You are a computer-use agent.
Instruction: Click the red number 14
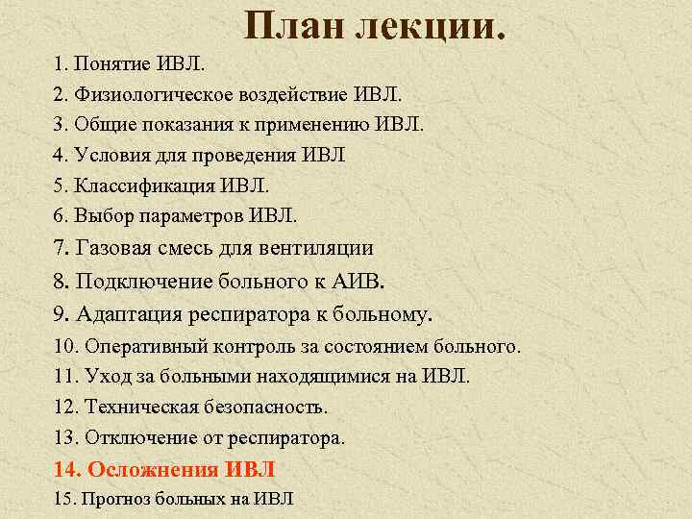tap(66, 469)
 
